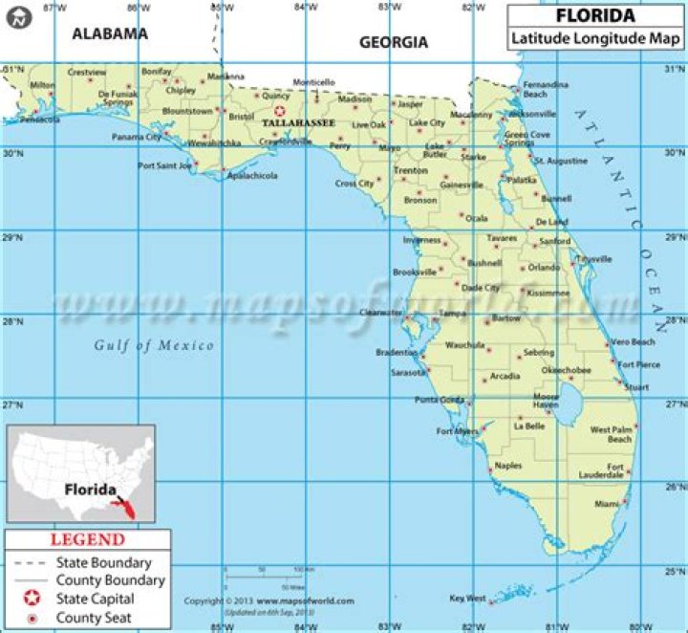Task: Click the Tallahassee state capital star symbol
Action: [x=280, y=111]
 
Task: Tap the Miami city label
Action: [x=606, y=503]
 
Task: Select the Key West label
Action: [x=468, y=599]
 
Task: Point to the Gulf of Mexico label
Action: [x=154, y=345]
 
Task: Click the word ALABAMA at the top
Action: [x=111, y=33]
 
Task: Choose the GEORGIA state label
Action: [x=394, y=42]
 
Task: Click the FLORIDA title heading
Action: [x=594, y=16]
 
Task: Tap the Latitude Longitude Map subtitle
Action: [x=594, y=39]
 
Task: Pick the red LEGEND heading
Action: [x=87, y=540]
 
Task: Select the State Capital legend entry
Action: [x=94, y=599]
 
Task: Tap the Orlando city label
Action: [x=544, y=268]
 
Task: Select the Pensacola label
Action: [x=39, y=120]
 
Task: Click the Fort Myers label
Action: [x=457, y=431]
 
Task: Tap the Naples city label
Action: [x=508, y=466]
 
